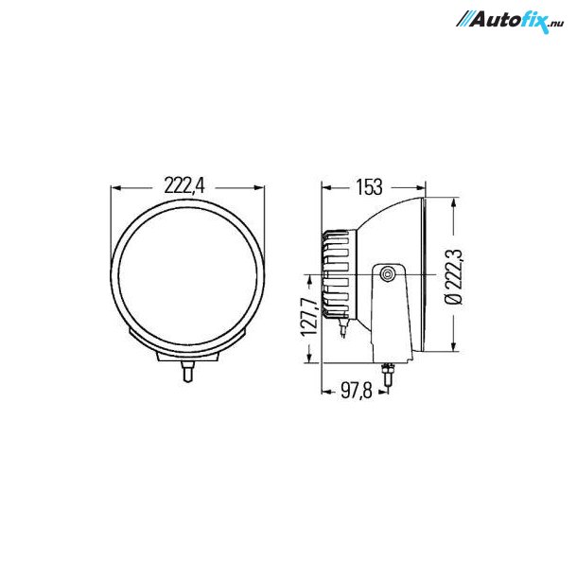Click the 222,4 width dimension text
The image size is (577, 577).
click(184, 185)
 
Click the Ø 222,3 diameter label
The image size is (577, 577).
click(455, 276)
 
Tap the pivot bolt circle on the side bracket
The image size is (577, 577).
click(389, 274)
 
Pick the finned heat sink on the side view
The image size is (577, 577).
click(338, 274)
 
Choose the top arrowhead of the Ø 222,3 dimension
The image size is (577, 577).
click(455, 202)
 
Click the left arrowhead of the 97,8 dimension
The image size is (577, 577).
click(324, 390)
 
